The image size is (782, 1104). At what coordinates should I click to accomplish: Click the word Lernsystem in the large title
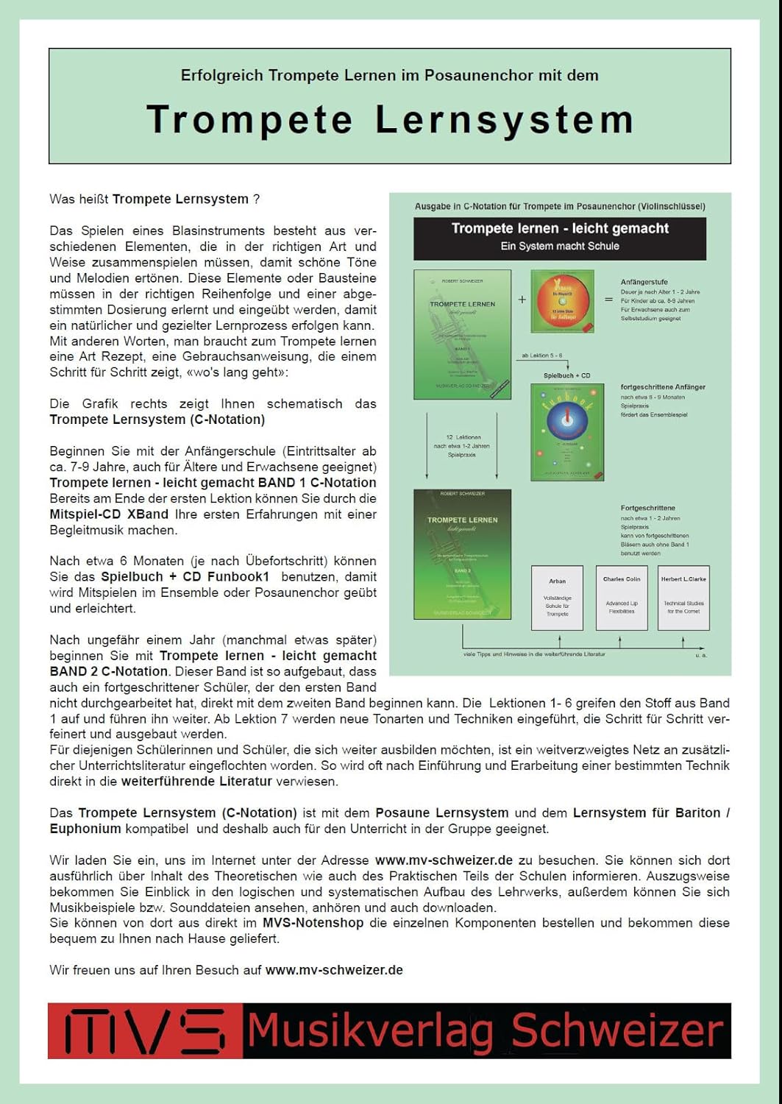tap(504, 119)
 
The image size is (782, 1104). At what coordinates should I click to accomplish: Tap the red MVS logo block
tap(145, 1030)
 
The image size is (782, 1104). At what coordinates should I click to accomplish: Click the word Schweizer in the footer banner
tap(616, 1030)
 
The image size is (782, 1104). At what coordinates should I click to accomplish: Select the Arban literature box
tap(557, 598)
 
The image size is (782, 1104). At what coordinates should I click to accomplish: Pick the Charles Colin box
tap(622, 598)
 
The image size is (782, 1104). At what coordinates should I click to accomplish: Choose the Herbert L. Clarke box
tap(683, 598)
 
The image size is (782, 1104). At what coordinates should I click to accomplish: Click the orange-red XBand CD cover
tap(562, 301)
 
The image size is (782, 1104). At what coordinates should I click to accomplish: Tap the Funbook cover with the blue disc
tap(567, 432)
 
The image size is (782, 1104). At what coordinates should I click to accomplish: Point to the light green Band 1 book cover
tap(462, 334)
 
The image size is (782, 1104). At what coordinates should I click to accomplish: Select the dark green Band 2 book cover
tap(462, 554)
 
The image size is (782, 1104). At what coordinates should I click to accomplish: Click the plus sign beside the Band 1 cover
tap(522, 300)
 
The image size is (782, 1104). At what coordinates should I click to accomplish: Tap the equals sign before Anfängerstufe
tap(608, 300)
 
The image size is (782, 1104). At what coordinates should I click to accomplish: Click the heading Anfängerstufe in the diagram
tap(644, 282)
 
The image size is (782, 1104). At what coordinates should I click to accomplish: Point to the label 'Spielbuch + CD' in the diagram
tap(566, 375)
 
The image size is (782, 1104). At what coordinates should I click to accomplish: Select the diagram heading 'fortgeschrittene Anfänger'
tap(663, 386)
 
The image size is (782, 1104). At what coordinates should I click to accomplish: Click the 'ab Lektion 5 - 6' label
tap(541, 355)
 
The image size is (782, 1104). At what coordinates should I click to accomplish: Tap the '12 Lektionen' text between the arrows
tap(463, 437)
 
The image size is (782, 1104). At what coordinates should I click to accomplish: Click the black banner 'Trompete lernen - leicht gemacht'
tap(560, 237)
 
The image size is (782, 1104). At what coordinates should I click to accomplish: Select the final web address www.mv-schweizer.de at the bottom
tap(334, 970)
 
